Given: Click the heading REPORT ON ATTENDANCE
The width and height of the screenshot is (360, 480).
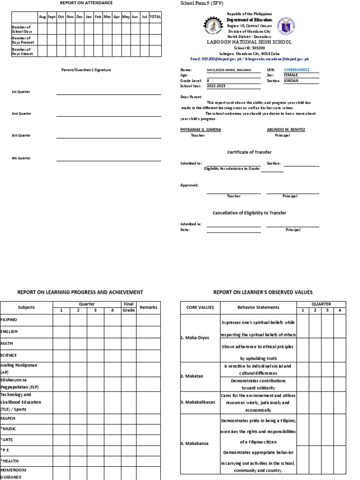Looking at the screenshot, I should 86,3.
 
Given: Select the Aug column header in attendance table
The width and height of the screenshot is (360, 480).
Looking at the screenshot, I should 43,16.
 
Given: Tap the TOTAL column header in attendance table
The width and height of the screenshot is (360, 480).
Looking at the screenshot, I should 155,16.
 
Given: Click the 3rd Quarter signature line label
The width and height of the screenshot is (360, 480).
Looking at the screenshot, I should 21,135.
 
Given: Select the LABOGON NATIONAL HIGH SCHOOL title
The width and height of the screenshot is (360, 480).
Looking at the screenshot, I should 249,42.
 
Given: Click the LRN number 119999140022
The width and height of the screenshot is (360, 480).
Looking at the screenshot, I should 296,70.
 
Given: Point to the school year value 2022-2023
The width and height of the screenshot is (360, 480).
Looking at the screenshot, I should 216,86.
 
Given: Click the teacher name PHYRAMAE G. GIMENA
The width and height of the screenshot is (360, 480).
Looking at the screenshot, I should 201,129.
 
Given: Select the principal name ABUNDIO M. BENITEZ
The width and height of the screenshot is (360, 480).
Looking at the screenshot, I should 286,129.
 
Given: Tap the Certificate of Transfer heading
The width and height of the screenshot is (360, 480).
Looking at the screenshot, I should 249,152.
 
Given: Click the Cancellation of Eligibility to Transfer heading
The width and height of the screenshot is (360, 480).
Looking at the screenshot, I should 249,213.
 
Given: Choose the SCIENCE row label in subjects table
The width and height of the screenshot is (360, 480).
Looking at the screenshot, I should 9,355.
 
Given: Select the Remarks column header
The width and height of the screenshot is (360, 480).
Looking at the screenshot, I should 148,307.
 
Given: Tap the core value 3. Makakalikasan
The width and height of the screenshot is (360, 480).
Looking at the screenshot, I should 199,403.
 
